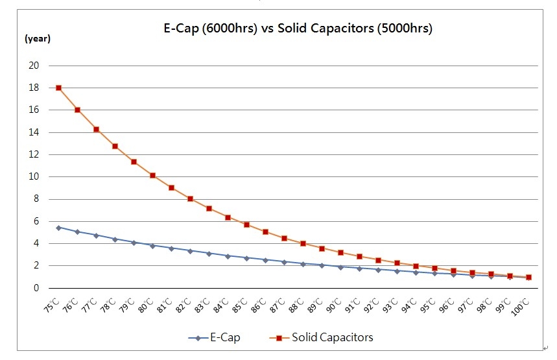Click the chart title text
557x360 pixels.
click(297, 29)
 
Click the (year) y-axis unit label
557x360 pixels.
click(37, 38)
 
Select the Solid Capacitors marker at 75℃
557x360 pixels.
click(59, 88)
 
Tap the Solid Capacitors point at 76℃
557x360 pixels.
click(78, 110)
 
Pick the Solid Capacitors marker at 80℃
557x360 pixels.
click(152, 175)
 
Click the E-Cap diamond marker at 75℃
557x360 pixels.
click(59, 228)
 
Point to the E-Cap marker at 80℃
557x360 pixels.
click(152, 246)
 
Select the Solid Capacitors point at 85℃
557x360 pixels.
click(246, 224)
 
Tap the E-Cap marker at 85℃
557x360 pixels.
click(246, 258)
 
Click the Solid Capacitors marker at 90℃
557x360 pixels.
click(340, 252)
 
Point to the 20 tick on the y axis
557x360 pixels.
click(34, 66)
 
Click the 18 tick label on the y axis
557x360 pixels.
click(34, 88)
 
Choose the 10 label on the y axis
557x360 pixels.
click(34, 176)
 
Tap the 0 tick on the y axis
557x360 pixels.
click(36, 288)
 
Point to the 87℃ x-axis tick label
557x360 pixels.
click(279, 303)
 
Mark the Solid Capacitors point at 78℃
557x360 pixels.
click(115, 146)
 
